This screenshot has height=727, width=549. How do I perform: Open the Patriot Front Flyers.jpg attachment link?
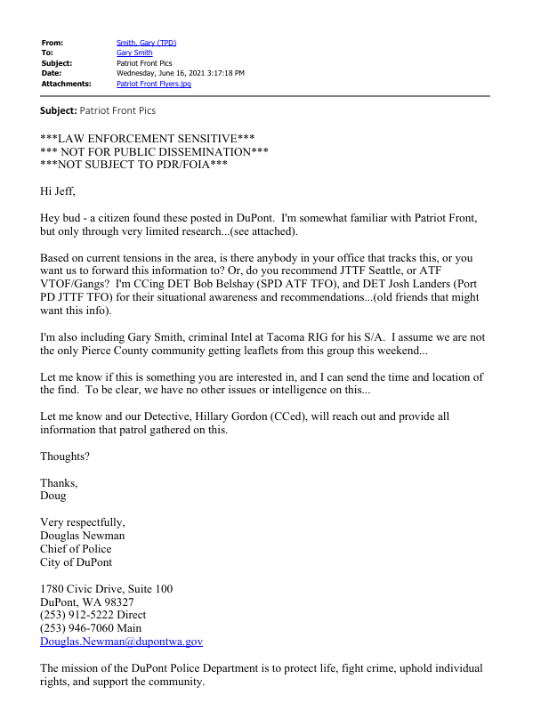pyautogui.click(x=154, y=84)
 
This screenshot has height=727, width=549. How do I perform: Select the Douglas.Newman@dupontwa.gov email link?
pyautogui.click(x=121, y=642)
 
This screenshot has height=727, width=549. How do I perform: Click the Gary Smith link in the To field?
pyautogui.click(x=134, y=53)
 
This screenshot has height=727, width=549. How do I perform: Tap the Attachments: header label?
pyautogui.click(x=66, y=84)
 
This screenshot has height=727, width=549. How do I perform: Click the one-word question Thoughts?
pyautogui.click(x=65, y=456)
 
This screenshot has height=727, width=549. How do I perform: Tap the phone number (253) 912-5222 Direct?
pyautogui.click(x=93, y=615)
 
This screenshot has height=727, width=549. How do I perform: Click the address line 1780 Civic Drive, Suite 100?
pyautogui.click(x=107, y=588)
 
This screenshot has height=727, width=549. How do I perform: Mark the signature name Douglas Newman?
pyautogui.click(x=83, y=536)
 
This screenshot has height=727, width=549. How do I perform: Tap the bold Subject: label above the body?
pyautogui.click(x=59, y=110)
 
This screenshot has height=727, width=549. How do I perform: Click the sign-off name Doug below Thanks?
pyautogui.click(x=53, y=496)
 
